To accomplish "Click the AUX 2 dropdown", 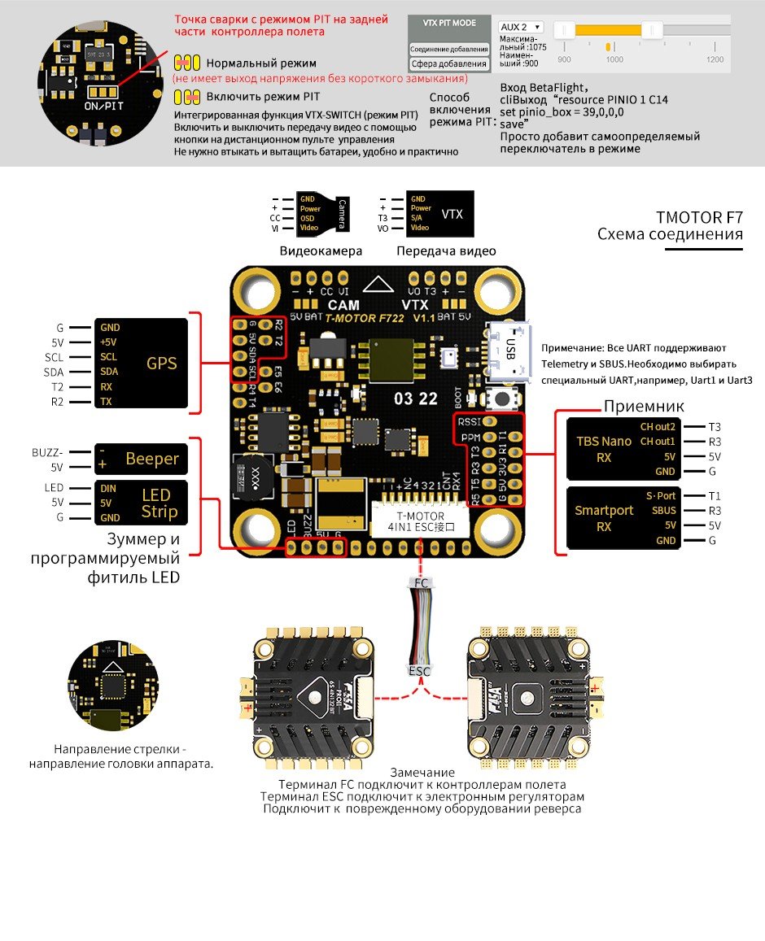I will [x=520, y=27].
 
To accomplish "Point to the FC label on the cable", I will [x=420, y=583].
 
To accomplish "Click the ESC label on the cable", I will [x=420, y=672].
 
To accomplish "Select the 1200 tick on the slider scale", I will [x=715, y=59].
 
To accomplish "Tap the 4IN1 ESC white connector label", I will [x=420, y=522].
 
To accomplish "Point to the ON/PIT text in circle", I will [x=103, y=106].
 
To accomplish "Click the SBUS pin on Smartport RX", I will [x=664, y=511].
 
